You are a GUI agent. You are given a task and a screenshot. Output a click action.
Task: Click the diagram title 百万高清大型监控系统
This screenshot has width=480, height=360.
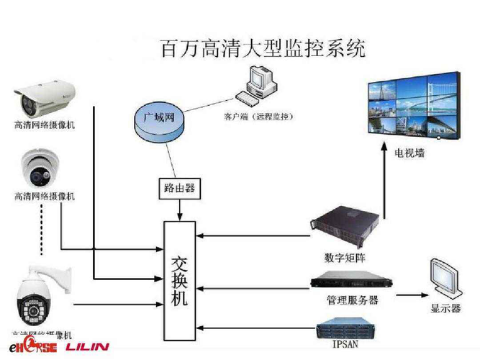click(x=262, y=48)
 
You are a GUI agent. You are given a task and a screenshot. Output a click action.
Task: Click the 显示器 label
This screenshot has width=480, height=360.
click(x=445, y=310)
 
